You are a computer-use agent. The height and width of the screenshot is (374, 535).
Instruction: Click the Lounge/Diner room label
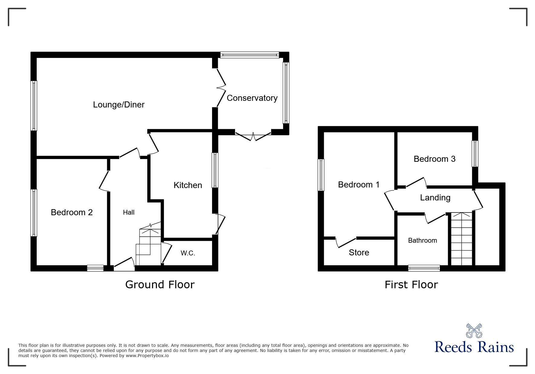click(x=119, y=104)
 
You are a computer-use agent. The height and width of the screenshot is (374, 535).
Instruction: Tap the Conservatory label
click(x=252, y=98)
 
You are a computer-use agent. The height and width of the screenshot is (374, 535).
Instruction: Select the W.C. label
click(x=188, y=253)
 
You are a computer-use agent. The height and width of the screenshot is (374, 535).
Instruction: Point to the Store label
click(x=359, y=252)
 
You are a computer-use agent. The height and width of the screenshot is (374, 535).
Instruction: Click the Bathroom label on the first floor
click(x=422, y=240)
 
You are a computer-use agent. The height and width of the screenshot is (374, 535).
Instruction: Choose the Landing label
click(x=435, y=197)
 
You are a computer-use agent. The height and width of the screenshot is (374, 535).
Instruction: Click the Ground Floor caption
click(x=160, y=284)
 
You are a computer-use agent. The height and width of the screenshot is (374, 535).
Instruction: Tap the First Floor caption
click(x=411, y=284)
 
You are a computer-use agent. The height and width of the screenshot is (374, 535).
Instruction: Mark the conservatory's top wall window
click(x=250, y=55)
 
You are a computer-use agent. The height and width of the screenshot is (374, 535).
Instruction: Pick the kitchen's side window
click(x=215, y=170)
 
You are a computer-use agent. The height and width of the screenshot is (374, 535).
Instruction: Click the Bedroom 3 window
click(x=475, y=154)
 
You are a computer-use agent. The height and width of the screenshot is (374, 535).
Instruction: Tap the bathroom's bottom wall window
click(x=424, y=268)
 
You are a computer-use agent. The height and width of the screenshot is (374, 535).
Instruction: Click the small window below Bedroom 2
click(x=95, y=268)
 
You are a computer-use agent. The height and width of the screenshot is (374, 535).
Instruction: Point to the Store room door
click(x=346, y=243)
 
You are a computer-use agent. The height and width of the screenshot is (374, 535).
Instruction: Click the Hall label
click(x=128, y=212)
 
